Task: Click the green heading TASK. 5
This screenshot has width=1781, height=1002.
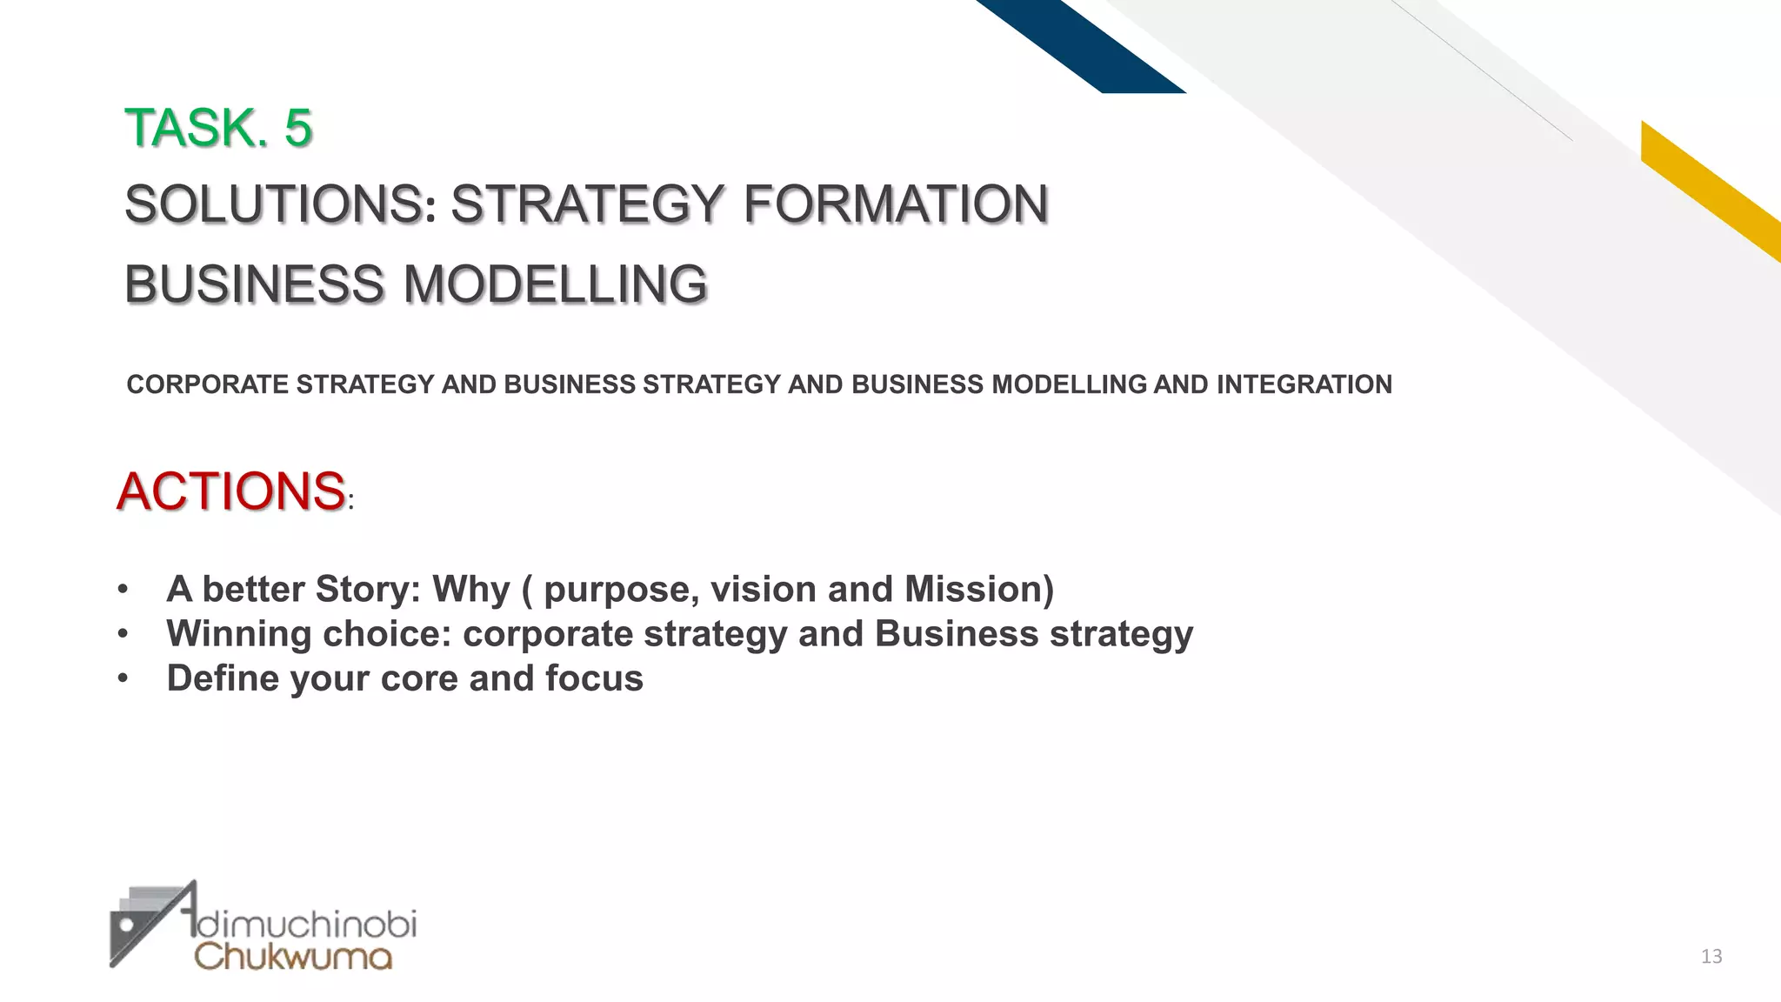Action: pyautogui.click(x=218, y=128)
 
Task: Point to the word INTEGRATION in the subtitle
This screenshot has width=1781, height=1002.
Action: pyautogui.click(x=1304, y=384)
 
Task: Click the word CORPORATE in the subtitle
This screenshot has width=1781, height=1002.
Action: pyautogui.click(x=207, y=384)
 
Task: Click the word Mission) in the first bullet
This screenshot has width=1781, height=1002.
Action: pyautogui.click(x=978, y=589)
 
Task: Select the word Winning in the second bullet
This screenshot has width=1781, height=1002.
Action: pyautogui.click(x=238, y=633)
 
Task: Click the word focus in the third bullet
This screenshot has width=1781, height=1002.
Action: pyautogui.click(x=594, y=678)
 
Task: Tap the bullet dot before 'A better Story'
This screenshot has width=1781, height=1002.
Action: pyautogui.click(x=123, y=590)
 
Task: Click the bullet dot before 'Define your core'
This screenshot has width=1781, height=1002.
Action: pyautogui.click(x=123, y=678)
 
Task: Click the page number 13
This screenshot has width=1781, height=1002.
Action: pyautogui.click(x=1711, y=957)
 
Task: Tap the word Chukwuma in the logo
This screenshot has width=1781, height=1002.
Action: pyautogui.click(x=293, y=957)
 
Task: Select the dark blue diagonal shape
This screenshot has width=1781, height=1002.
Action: pyautogui.click(x=1087, y=43)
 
